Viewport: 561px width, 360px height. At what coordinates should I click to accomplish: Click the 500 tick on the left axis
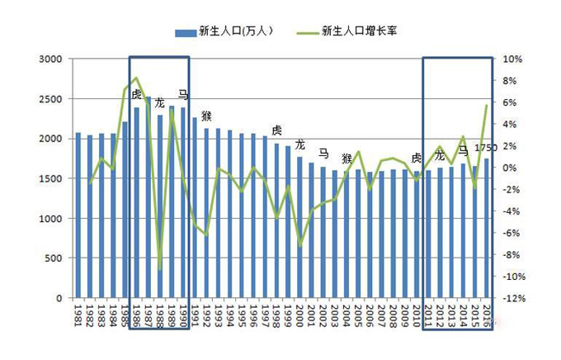click(53, 258)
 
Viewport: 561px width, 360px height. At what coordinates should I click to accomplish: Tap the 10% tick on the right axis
click(512, 59)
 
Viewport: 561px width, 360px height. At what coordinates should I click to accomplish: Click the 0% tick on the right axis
click(510, 168)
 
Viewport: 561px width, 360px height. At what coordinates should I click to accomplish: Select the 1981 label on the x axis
click(78, 318)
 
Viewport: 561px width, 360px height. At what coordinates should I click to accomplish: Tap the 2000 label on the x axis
click(300, 318)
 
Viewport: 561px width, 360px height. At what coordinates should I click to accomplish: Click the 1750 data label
click(485, 149)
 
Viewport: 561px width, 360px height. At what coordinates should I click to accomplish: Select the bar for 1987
click(148, 198)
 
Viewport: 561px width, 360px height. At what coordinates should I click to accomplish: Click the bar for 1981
click(78, 215)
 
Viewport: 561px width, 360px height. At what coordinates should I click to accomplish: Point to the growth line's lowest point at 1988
click(159, 269)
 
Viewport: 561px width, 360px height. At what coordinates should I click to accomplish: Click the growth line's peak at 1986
click(136, 78)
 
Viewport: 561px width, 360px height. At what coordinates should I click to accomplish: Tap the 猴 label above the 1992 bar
click(206, 116)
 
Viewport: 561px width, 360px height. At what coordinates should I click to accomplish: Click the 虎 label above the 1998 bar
click(276, 130)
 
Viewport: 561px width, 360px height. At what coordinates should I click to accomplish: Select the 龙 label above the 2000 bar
click(299, 144)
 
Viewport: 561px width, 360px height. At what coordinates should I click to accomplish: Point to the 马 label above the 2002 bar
click(323, 154)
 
